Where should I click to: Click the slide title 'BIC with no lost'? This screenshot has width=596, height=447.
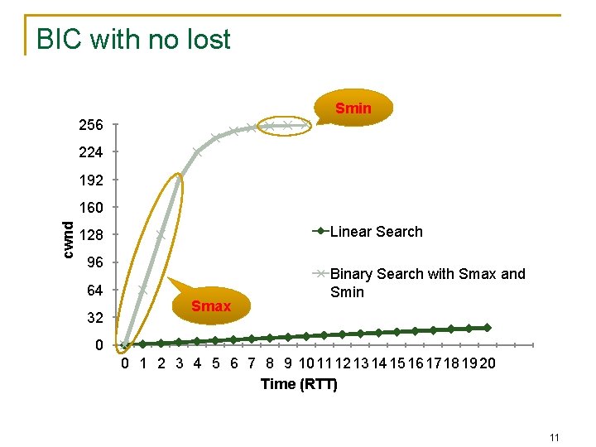point(133,39)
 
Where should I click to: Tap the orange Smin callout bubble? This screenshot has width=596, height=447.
point(353,108)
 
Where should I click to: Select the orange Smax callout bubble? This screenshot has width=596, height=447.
point(211,306)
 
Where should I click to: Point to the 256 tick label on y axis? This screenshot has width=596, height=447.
point(91,125)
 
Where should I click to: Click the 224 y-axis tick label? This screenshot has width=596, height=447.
point(91,152)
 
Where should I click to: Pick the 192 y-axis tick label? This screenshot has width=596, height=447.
point(91,180)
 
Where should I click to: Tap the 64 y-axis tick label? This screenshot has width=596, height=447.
point(94,291)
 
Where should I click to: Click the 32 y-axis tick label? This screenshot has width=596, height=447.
point(94,318)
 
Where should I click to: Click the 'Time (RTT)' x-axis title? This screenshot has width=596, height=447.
point(299,384)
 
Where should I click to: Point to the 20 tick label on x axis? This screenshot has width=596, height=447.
point(488,363)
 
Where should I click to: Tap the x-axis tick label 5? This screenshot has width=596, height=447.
point(215,363)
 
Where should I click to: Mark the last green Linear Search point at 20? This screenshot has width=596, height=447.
point(488,328)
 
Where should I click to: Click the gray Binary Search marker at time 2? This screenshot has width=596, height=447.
point(161,235)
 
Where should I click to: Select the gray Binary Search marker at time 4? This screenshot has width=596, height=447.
point(197,151)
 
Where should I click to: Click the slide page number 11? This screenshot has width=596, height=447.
point(555,437)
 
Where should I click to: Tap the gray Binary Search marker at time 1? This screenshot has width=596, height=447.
point(142,291)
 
